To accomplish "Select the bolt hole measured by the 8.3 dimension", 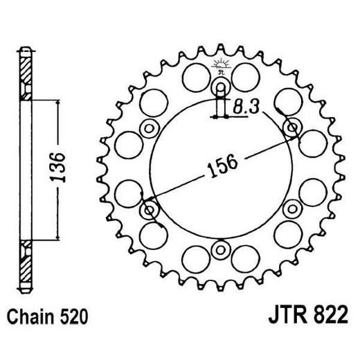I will [x=221, y=87].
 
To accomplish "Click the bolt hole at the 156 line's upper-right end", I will [x=291, y=128].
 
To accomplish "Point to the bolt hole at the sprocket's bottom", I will [x=221, y=249].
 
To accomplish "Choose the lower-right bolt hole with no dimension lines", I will [x=291, y=208].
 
